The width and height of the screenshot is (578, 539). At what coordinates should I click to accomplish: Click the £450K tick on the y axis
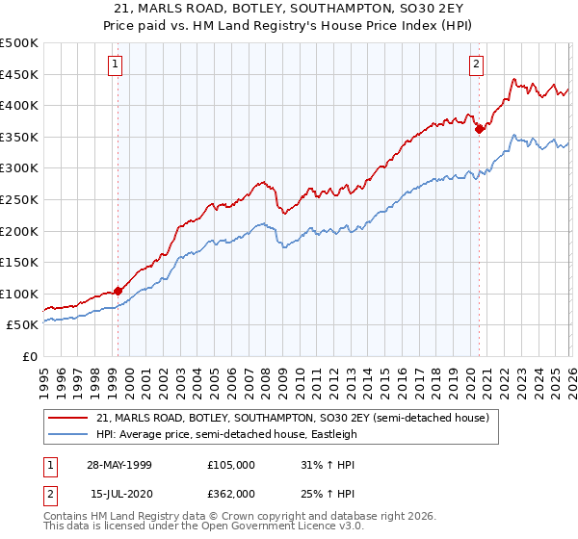pos(19,74)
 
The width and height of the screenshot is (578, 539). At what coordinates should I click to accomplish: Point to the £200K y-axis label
pos(19,231)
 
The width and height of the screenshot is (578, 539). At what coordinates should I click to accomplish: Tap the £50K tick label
pos(23,325)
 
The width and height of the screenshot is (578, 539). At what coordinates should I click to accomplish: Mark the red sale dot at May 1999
pos(118,291)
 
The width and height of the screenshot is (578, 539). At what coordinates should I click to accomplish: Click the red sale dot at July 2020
pos(479,129)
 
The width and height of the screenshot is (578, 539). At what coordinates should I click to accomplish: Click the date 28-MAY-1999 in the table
pos(121,465)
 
